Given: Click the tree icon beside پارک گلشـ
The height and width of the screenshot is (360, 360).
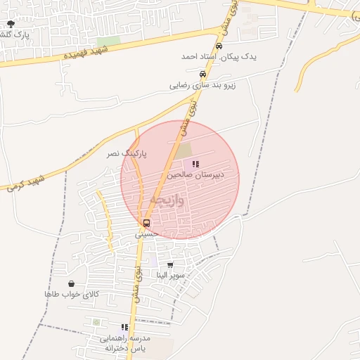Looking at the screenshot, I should tap(9, 23).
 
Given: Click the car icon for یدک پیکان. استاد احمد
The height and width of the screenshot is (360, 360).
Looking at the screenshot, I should tap(219, 46).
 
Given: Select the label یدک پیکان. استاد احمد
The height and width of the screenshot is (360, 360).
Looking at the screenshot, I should tap(219, 56).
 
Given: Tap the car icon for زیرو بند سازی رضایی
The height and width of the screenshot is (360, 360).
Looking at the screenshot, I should tap(202, 74).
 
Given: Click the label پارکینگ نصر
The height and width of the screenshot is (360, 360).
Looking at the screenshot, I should tap(127, 153).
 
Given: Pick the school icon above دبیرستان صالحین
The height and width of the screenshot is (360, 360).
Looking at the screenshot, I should tap(195, 163).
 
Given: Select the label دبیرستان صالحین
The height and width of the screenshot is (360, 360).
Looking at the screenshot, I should tap(195, 173).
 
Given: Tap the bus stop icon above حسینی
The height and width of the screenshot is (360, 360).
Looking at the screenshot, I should tap(146, 223).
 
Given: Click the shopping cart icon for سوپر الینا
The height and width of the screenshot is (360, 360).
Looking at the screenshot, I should tap(170, 265).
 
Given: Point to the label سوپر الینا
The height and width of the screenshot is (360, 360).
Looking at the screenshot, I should tap(171, 275).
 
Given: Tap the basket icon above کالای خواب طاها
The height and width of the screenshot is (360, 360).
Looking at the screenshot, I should tap(72, 283).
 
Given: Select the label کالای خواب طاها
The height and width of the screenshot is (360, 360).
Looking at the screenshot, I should tap(72, 293).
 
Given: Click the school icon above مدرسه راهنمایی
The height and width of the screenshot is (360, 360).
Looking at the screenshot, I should tap(124, 327).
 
